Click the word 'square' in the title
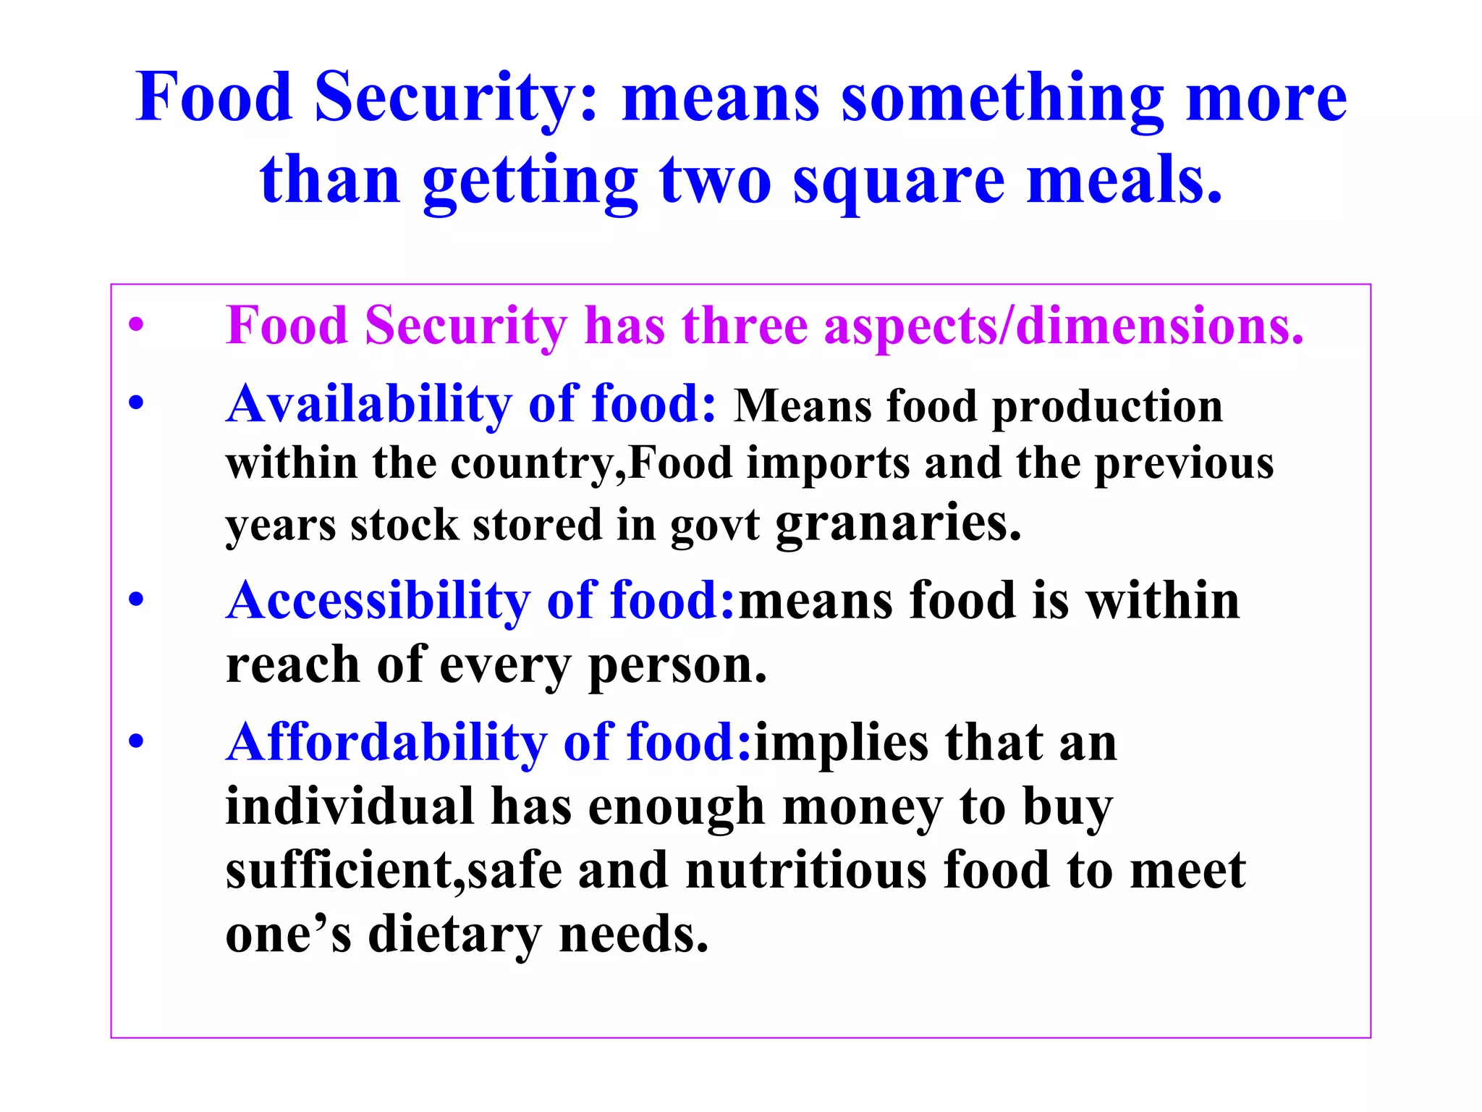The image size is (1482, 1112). [899, 181]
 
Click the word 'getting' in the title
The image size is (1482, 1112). [530, 181]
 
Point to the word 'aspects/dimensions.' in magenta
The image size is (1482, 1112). [1064, 327]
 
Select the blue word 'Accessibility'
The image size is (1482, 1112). [378, 601]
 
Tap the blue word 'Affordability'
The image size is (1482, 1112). [386, 743]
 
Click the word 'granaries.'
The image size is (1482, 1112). [898, 523]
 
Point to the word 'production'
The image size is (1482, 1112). [1107, 407]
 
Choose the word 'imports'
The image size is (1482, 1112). [828, 463]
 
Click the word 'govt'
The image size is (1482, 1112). [714, 526]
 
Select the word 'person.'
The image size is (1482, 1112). [677, 666]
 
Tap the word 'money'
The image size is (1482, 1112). [863, 806]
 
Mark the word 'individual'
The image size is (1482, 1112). [350, 806]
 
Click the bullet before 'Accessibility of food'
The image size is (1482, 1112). [136, 600]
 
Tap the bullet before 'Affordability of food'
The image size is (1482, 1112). [136, 742]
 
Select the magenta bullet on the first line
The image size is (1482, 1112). [136, 326]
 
